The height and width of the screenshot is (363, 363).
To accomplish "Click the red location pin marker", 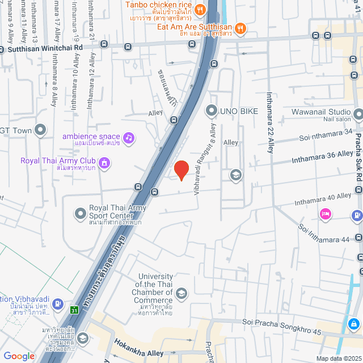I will pos(180,170).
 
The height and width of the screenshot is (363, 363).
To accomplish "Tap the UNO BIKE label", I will pos(239,111).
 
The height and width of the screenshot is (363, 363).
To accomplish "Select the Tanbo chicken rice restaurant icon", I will pos(200,10).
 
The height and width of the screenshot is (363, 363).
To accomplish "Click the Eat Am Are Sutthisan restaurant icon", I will pos(240,27).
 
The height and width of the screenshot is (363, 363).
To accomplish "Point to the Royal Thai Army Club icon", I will pos(103,164).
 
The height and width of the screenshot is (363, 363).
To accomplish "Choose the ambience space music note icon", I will pos(129,137).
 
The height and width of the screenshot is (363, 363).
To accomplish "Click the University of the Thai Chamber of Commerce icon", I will pos(181,293).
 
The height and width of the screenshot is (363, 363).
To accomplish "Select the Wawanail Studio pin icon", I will pos(358,115).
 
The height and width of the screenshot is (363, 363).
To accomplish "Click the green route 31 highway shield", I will pos(74,310).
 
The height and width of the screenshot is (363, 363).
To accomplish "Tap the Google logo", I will pos(19,356).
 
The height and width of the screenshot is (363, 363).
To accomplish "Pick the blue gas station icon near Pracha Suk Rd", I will pos(356,216).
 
